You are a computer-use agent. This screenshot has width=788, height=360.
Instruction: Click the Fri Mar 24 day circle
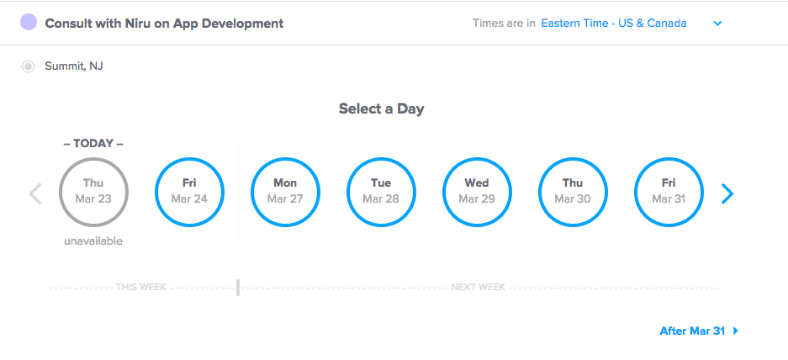click(x=189, y=159)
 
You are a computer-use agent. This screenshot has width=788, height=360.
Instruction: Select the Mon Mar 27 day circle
click(x=285, y=159)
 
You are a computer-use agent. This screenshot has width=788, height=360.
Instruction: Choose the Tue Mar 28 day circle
click(x=381, y=159)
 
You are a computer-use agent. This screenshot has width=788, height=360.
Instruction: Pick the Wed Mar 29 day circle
click(x=477, y=159)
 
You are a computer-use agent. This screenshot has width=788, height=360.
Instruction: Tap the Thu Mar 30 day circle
click(x=573, y=159)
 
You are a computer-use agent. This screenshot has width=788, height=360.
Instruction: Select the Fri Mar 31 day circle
click(x=669, y=159)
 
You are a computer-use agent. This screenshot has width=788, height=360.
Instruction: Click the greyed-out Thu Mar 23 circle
click(x=93, y=159)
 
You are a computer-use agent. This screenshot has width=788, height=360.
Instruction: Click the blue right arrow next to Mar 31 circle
click(x=727, y=193)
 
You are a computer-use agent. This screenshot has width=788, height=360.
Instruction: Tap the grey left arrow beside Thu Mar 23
click(x=35, y=193)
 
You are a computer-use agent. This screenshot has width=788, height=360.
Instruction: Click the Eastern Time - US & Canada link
click(x=614, y=23)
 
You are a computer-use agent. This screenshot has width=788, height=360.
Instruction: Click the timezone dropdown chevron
click(x=717, y=24)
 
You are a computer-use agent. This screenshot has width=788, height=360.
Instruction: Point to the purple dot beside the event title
click(x=29, y=22)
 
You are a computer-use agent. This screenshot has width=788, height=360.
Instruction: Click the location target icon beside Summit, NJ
click(x=28, y=66)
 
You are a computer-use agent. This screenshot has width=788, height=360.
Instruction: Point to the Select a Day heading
click(x=382, y=109)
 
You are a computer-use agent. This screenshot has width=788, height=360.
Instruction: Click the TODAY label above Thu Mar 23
click(x=93, y=143)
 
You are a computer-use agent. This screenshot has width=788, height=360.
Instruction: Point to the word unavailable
click(x=93, y=241)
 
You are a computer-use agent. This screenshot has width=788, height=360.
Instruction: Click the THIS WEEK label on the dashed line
click(x=140, y=288)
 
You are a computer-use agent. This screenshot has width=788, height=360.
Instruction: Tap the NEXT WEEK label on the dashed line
click(x=478, y=288)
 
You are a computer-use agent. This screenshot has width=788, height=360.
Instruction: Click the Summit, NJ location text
click(x=74, y=66)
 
